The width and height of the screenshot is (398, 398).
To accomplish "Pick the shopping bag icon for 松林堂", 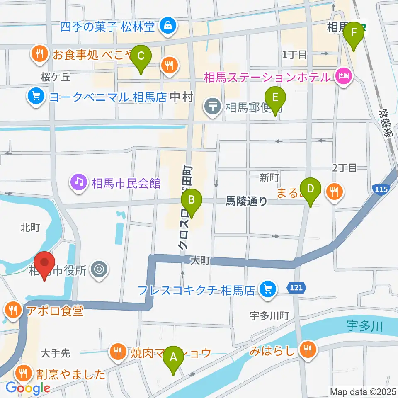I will pyautogui.click(x=169, y=27).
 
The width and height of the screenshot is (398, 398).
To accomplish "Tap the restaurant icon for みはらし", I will pyautogui.click(x=308, y=351).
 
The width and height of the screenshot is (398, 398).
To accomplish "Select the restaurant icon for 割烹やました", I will pyautogui.click(x=24, y=374).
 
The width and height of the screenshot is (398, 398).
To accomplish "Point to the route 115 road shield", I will pyautogui.click(x=381, y=189).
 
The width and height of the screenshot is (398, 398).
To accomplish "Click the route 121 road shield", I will pyautogui.click(x=294, y=286).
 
